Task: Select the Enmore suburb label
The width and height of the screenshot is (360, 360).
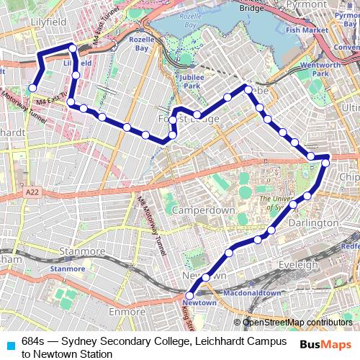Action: coord(125,312)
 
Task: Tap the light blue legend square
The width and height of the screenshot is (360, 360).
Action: coord(9,346)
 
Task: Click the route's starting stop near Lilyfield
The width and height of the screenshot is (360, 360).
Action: coord(32,89)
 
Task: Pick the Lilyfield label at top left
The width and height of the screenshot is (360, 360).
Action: coord(49,22)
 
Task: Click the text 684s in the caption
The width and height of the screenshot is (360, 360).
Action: coord(32,341)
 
